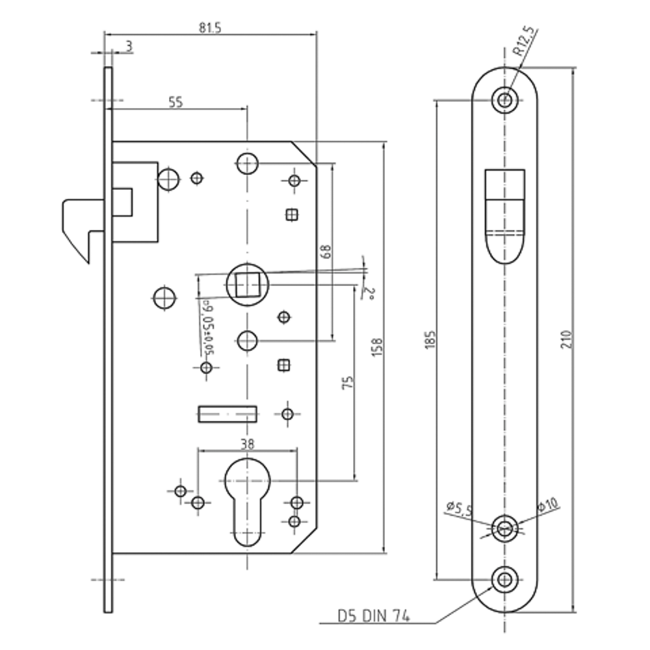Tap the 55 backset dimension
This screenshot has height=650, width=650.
coord(175,101)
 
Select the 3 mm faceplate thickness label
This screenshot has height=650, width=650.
coord(129,46)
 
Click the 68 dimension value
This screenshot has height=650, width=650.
coord(326,252)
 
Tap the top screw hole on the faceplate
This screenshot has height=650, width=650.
coord(505,99)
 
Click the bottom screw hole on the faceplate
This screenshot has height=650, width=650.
coord(504,578)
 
